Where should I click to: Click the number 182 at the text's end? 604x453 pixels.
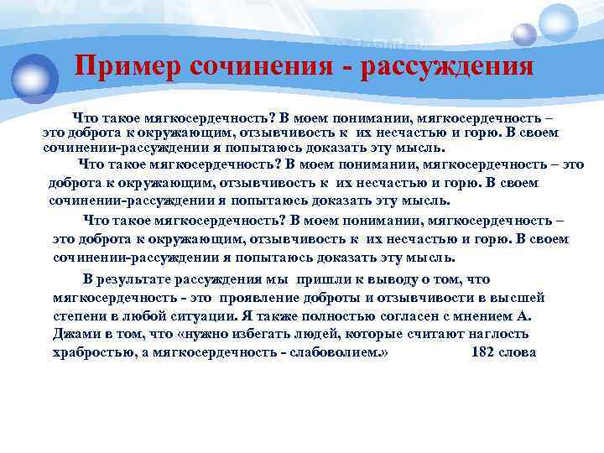pyautogui.click(x=485, y=351)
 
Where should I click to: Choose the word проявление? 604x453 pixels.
pyautogui.click(x=263, y=298)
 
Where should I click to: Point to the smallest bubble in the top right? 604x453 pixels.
pyautogui.click(x=524, y=34)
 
